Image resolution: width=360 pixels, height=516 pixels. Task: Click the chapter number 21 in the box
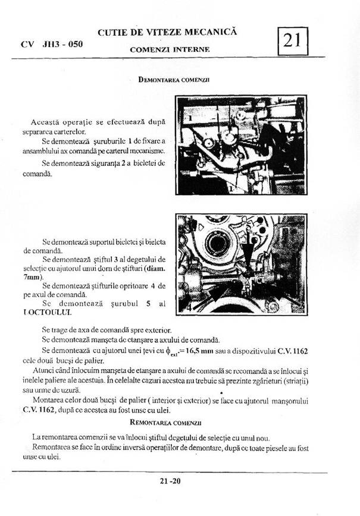pos(292,40)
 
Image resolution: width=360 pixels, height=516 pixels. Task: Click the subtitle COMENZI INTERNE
pos(170,49)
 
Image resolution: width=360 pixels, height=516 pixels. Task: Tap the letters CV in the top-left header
pos(27,44)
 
